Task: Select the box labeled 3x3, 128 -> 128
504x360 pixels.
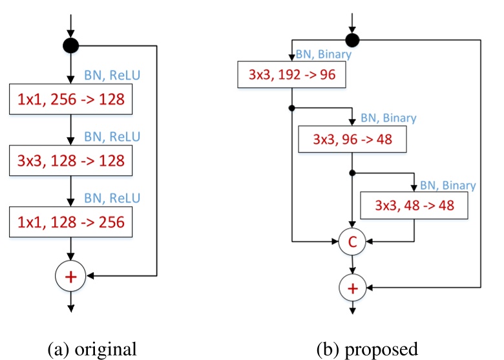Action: pos(71,160)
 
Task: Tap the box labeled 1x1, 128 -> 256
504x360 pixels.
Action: pos(71,221)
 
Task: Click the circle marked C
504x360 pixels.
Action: pos(352,242)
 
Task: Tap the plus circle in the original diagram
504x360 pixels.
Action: pos(71,277)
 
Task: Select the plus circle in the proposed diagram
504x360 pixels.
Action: pos(352,287)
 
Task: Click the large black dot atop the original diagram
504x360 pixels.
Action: pos(71,46)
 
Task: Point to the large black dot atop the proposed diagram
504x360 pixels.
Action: pos(352,40)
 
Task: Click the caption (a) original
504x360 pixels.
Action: pos(92,349)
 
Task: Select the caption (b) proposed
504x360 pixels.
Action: pos(367,349)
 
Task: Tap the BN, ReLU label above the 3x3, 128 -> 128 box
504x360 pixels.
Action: pos(112,137)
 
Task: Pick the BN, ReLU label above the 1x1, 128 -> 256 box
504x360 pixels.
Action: pos(112,197)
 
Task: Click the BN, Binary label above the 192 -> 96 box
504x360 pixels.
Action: pos(323,55)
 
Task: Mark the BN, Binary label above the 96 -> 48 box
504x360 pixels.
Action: pos(388,118)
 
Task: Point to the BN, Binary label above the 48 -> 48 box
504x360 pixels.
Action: pos(448,185)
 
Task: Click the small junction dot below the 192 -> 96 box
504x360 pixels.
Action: pos(292,107)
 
